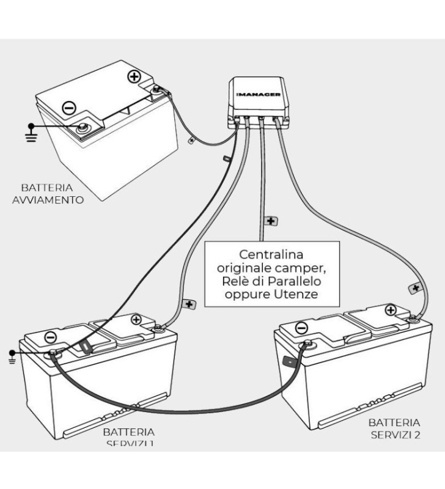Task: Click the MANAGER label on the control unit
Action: point(259,95)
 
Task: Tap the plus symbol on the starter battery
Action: point(134,77)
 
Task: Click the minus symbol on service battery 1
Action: point(51,337)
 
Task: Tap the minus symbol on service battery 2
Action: point(301,328)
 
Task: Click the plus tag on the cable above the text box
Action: point(270,220)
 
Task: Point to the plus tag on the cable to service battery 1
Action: point(189,304)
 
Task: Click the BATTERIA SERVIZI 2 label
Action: point(394,428)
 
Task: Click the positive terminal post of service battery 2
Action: point(413,317)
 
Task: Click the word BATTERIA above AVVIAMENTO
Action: point(47,188)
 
